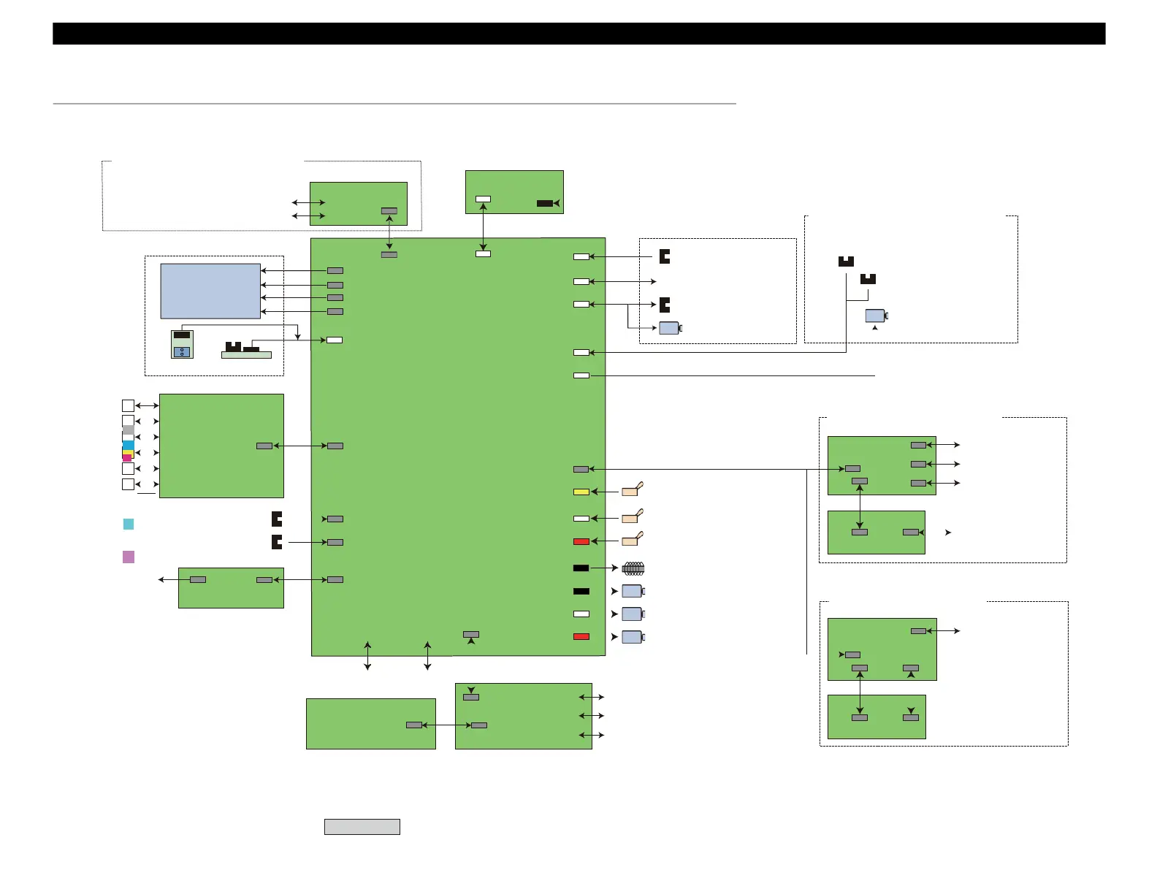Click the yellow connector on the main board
coord(581,492)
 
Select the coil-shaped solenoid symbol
coord(633,568)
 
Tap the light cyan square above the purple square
coord(129,524)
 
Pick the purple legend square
coord(129,557)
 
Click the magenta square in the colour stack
coord(126,458)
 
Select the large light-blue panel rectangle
coord(210,291)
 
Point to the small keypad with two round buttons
coord(182,344)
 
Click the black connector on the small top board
coord(545,203)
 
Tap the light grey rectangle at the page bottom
coord(362,826)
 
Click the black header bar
coord(578,34)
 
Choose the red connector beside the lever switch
coord(581,541)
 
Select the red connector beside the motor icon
coord(581,637)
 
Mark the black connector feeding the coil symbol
coord(581,568)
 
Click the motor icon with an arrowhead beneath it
coord(875,316)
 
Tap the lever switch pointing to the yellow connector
coord(631,491)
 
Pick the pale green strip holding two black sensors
coord(246,355)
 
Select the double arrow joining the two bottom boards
coord(447,725)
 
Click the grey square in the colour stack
coord(128,430)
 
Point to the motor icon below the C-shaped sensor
coord(669,328)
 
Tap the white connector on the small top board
coord(483,199)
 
